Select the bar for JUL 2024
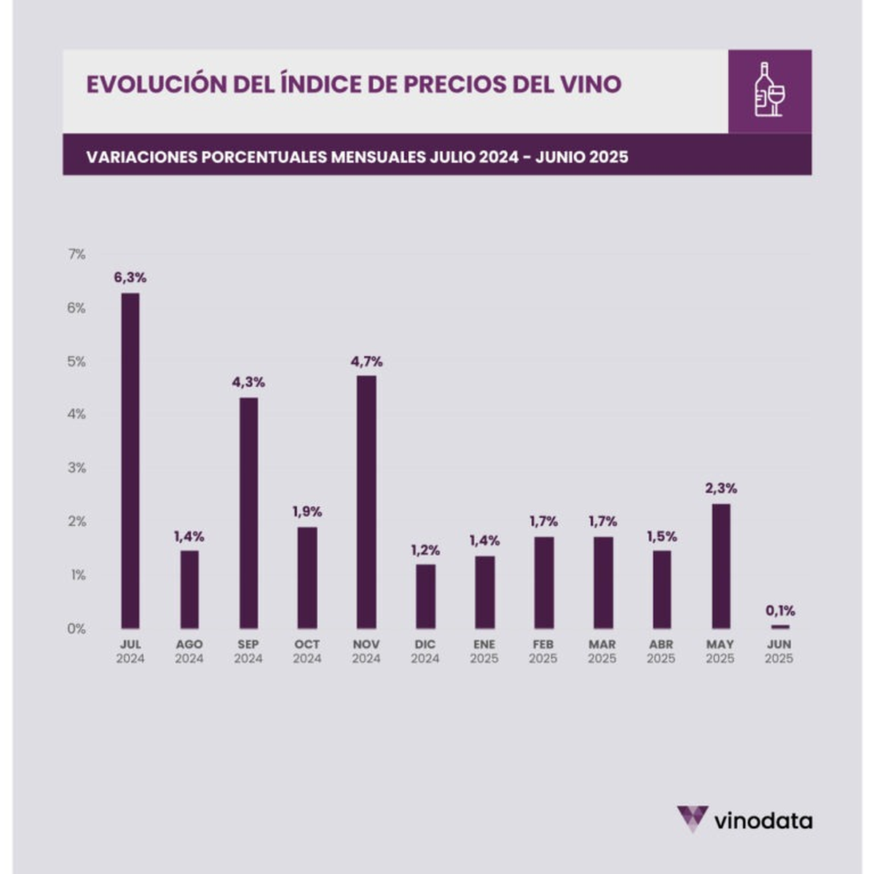[130, 460]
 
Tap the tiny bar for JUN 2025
[779, 626]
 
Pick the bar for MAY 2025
[720, 566]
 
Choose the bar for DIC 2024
[425, 596]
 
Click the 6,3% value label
[130, 277]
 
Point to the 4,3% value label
[248, 382]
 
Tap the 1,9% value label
[307, 512]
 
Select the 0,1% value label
[780, 610]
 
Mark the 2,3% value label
[721, 488]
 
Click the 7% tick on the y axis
[76, 254]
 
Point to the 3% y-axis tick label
[76, 468]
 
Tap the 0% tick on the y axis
[76, 629]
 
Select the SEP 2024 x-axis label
[248, 652]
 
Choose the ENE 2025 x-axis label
[484, 652]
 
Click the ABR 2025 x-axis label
[661, 652]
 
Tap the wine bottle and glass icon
[769, 90]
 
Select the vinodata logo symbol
[691, 819]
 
